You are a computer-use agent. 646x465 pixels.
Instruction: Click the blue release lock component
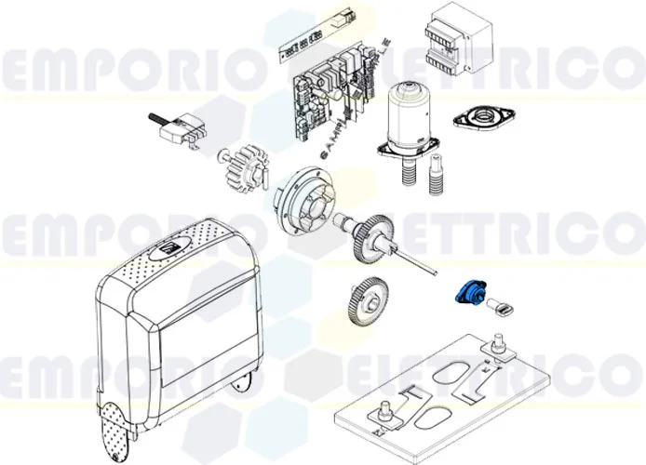coord(464,291)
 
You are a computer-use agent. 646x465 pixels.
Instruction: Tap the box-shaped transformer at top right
coord(453,41)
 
